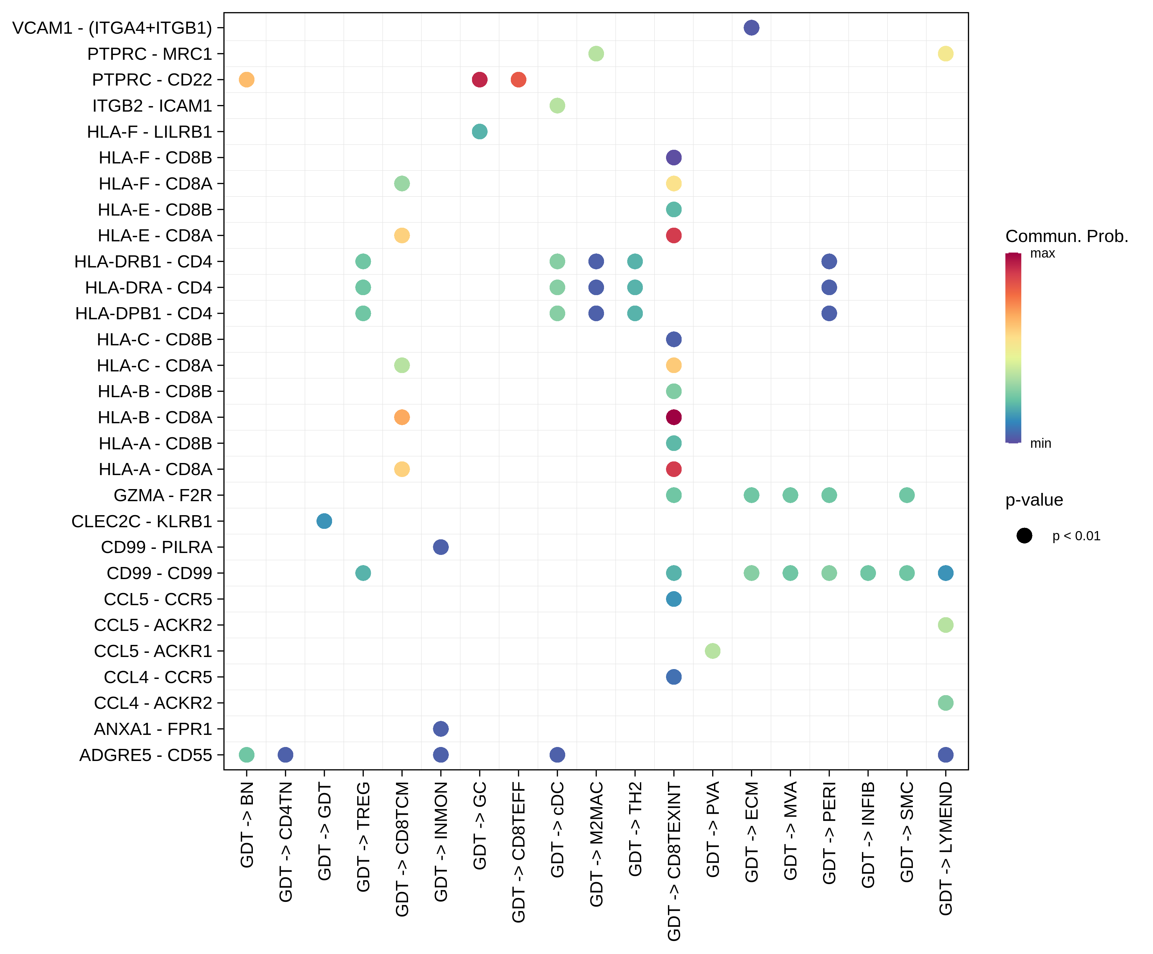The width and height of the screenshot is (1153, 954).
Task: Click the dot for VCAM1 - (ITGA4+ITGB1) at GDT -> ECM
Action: click(751, 27)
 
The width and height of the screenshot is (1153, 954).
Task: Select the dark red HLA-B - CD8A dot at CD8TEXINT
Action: click(674, 417)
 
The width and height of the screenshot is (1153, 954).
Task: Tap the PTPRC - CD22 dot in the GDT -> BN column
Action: click(247, 79)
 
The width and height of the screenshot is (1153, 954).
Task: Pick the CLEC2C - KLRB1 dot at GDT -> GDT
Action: click(324, 521)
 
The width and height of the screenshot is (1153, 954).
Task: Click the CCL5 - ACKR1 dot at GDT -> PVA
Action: click(712, 651)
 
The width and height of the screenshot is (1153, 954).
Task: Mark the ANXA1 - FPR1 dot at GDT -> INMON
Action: click(440, 729)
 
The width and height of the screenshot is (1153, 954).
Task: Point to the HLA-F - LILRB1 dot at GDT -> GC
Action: click(479, 132)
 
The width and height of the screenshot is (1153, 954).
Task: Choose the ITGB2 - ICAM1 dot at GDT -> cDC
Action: click(557, 105)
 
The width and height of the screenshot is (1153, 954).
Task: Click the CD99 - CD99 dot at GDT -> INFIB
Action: click(867, 573)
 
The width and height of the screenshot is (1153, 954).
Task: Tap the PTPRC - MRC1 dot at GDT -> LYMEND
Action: click(945, 54)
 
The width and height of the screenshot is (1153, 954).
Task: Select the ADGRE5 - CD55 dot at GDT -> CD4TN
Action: click(285, 755)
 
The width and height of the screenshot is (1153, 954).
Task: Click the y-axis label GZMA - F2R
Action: click(163, 495)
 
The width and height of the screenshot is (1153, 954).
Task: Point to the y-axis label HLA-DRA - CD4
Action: click(148, 287)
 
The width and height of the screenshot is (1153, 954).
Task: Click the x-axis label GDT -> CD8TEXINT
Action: click(674, 861)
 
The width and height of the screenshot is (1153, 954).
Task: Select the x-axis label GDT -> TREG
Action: click(363, 837)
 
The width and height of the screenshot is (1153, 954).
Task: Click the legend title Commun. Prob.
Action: click(1066, 236)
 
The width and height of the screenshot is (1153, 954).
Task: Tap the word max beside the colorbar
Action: click(1042, 253)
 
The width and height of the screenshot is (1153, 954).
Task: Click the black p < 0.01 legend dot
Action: click(1024, 536)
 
